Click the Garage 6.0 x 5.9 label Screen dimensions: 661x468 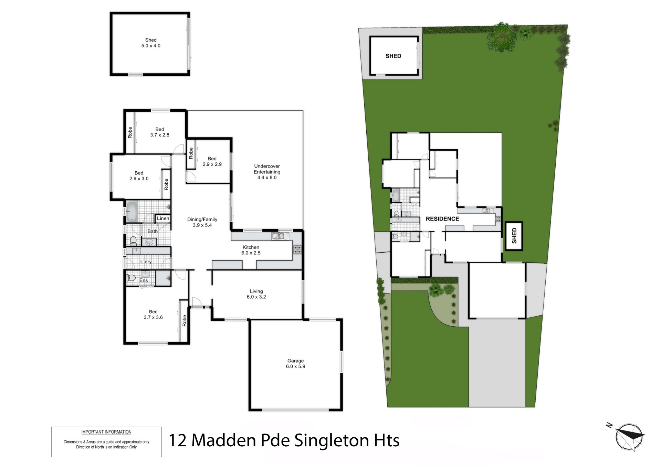pos(295,364)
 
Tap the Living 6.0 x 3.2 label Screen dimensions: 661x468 pos(256,294)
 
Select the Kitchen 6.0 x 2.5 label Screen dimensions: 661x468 pos(251,250)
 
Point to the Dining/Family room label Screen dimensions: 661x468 pos(202,222)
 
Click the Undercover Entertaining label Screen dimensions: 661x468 pos(267,172)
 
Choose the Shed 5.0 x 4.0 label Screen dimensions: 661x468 pos(151,43)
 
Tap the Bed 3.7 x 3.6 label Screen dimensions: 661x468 pos(153,314)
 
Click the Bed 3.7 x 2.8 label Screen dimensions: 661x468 pos(160,132)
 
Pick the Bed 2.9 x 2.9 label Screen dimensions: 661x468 pos(212,161)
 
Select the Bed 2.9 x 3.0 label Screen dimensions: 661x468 pos(139,176)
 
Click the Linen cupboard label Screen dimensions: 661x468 pos(163,218)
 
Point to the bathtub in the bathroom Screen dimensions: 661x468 pos(132,212)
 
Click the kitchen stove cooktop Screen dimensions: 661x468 pos(297,250)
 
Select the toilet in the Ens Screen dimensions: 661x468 pos(131,277)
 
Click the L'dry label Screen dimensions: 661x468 pos(146,262)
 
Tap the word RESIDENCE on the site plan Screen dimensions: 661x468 pos(442,219)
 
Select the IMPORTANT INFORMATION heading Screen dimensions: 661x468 pos(106,432)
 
